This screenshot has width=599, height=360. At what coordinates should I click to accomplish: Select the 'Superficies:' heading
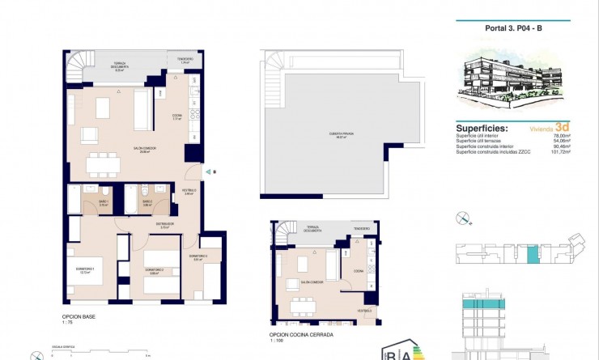click(x=482, y=128)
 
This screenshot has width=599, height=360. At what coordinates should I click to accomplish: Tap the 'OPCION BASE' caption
click(x=79, y=316)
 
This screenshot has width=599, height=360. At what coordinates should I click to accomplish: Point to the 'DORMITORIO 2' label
click(x=155, y=269)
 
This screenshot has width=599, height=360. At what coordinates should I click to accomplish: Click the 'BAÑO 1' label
click(x=104, y=202)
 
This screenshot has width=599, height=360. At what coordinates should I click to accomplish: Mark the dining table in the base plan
click(x=103, y=163)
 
